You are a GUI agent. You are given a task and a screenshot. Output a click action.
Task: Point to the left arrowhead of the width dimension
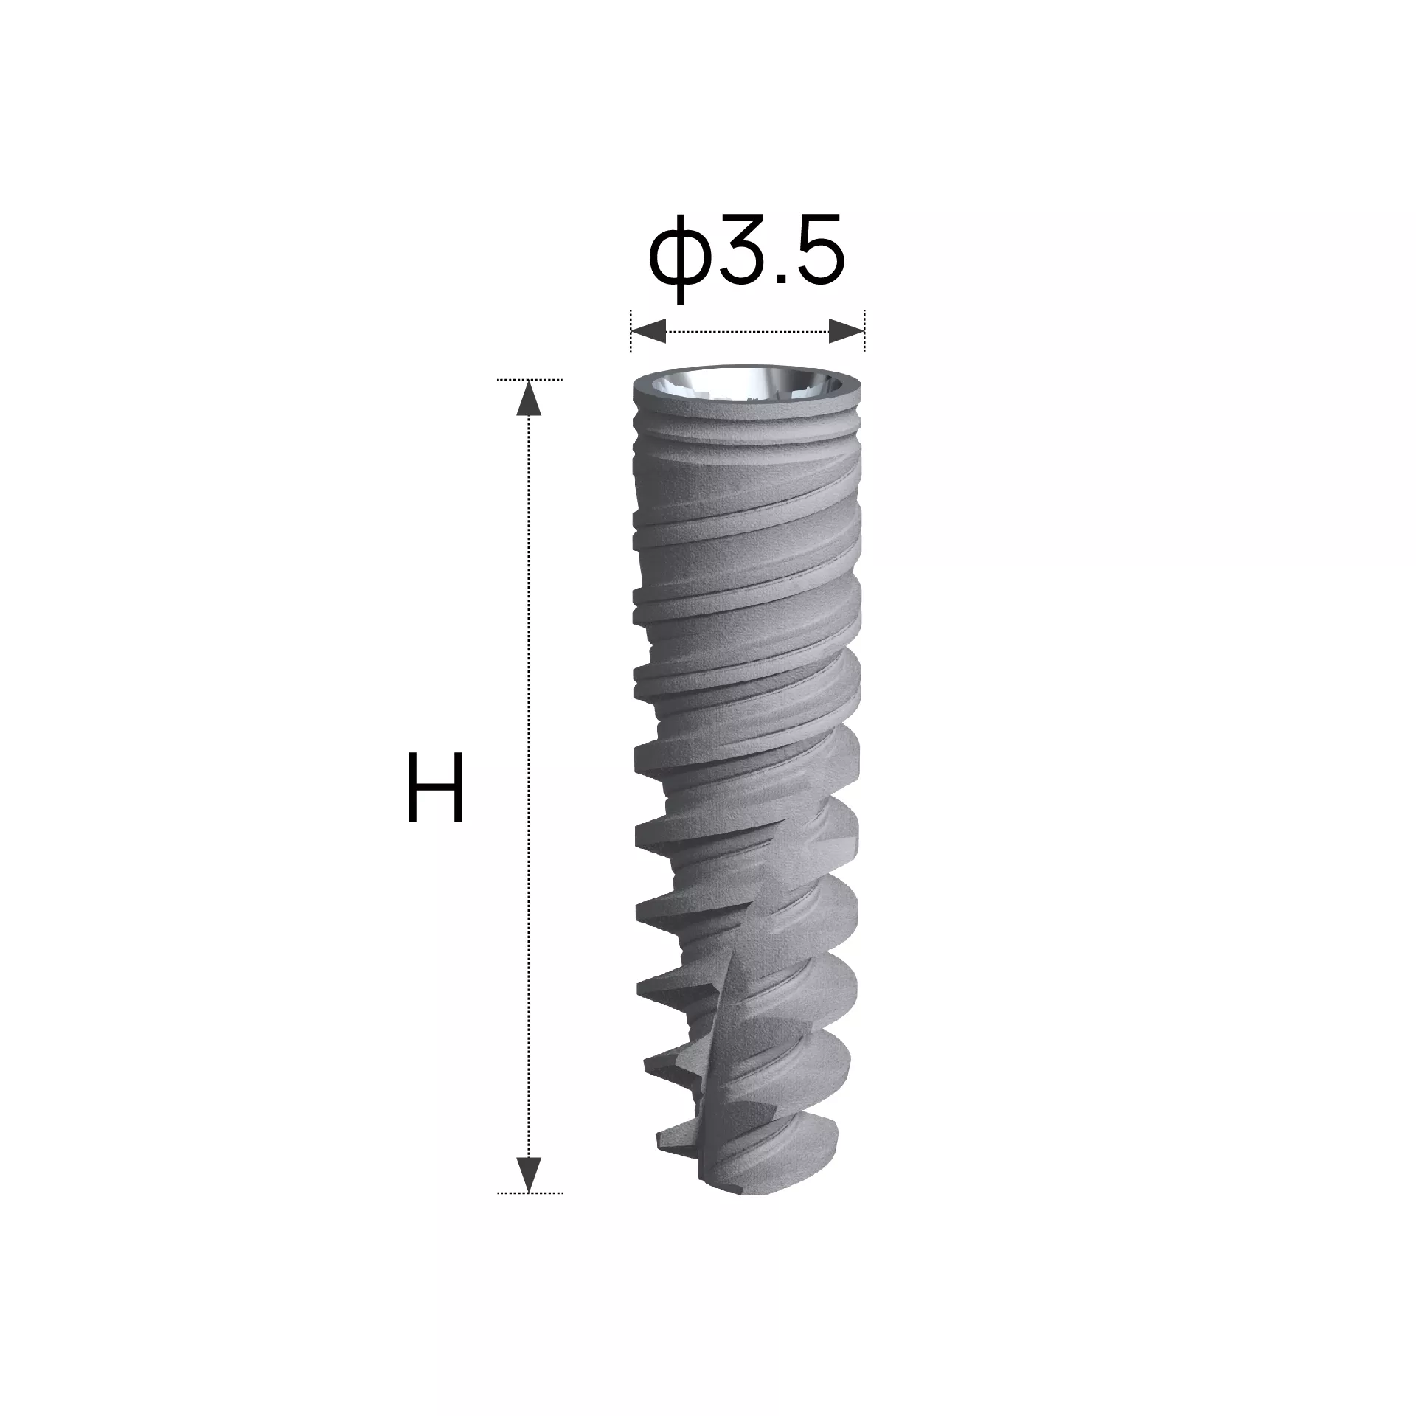(648, 332)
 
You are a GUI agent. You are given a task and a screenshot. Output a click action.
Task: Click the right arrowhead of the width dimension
(846, 332)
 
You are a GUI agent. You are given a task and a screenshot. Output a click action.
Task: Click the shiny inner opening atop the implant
(746, 384)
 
